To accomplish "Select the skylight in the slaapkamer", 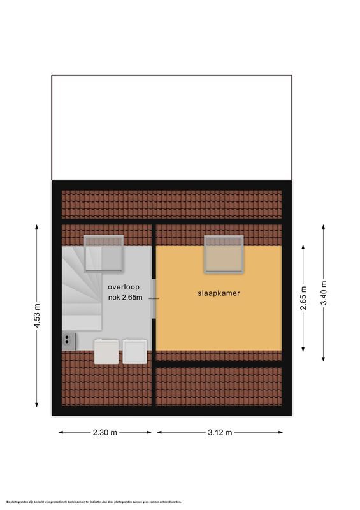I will pos(224,254).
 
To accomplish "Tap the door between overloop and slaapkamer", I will pos(154,297).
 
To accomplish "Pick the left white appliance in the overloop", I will pos(106,351).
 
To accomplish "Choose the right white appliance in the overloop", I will pos(135,351).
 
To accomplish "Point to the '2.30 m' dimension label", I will pos(105,432).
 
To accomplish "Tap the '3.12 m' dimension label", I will pos(219,432).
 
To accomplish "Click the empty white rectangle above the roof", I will pos(172,127).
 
